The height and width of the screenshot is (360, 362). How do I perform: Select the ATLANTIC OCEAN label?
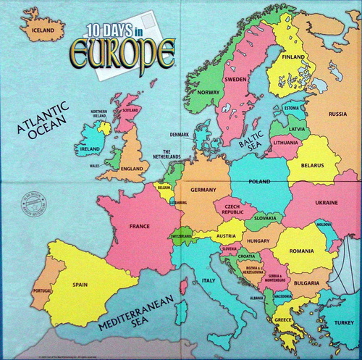point(43,120)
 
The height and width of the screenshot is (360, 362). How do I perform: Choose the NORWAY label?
point(208,92)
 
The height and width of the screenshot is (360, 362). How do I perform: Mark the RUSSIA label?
point(338,114)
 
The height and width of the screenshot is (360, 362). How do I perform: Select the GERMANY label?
point(204,189)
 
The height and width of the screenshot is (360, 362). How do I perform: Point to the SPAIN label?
point(80,285)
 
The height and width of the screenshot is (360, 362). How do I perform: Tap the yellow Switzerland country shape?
point(182,236)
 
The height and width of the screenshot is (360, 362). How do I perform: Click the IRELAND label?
point(90,149)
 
